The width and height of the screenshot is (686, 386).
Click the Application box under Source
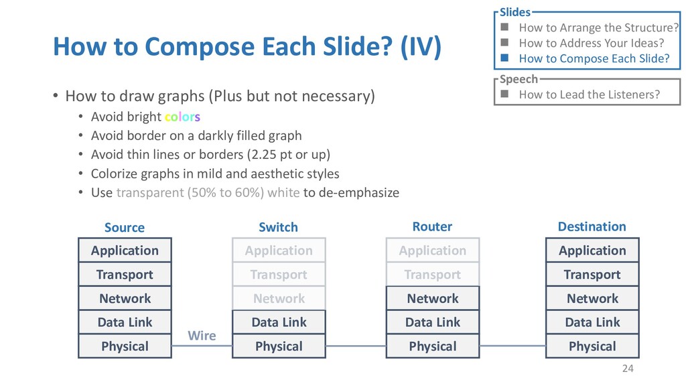pos(125,251)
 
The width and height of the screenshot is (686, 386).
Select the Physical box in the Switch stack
pos(279,346)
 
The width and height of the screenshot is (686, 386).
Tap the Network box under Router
pos(433,298)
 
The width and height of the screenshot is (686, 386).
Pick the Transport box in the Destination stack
pos(592,275)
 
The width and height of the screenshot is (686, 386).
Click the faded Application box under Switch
pos(279,251)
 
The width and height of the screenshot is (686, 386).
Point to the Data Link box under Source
pos(125,322)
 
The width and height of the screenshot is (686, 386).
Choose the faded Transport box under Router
pos(433,275)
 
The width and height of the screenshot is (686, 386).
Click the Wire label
pos(202,335)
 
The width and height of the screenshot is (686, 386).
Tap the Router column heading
pos(432,227)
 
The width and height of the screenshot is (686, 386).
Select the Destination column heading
pos(592,227)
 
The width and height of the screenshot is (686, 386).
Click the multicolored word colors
pos(182,117)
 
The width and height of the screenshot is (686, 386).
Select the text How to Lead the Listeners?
pos(589,94)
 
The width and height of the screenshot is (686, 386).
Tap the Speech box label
pos(519,79)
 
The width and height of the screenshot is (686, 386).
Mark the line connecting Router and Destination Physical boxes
pos(512,346)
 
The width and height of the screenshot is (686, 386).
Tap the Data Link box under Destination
pos(592,322)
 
